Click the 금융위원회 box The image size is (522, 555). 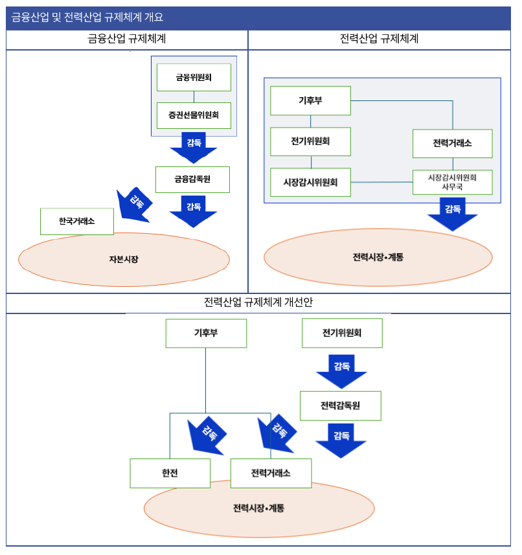click(194, 77)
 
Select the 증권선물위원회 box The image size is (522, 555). click(194, 116)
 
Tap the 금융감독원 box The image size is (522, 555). click(192, 179)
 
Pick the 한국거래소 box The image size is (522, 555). click(76, 221)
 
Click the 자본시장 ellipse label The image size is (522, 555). click(124, 259)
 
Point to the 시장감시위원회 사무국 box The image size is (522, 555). click(452, 182)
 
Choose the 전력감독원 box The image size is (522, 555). click(340, 406)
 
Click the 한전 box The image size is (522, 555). click(170, 473)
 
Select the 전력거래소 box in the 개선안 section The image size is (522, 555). click(271, 473)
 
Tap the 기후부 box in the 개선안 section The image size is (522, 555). click(206, 333)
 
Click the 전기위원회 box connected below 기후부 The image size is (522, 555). click(310, 142)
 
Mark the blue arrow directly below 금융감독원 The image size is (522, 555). click(193, 211)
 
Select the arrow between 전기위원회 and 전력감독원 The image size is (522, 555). click(341, 371)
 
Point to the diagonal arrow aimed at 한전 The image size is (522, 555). click(207, 436)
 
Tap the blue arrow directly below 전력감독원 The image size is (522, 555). click(341, 440)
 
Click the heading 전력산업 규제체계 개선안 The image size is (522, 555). click(258, 302)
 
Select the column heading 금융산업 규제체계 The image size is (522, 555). click(127, 39)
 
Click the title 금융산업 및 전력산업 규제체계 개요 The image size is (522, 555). click(87, 17)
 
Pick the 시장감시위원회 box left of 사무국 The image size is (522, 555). click(310, 182)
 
